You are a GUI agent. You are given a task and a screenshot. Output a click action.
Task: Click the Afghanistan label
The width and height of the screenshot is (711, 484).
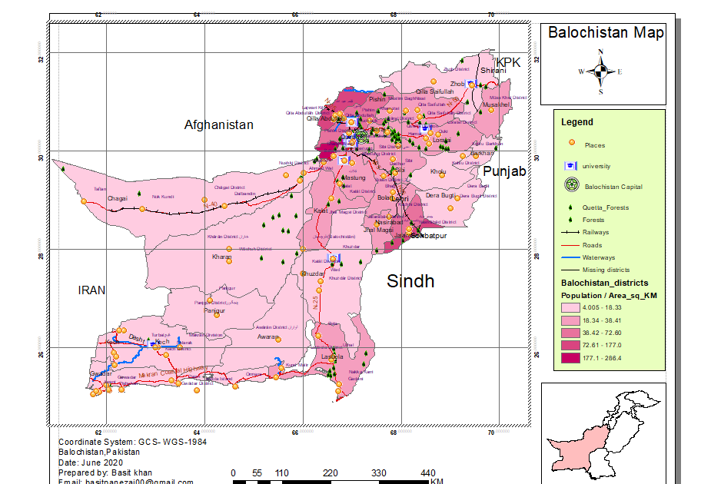tap(218, 124)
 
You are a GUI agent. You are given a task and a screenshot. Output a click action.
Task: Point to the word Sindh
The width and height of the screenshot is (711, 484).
tap(410, 281)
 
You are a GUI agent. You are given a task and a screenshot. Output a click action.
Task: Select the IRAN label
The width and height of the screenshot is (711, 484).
tap(91, 290)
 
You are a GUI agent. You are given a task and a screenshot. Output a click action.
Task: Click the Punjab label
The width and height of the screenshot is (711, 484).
tap(504, 171)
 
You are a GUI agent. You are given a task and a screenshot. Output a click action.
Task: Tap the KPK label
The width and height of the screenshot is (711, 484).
tap(508, 61)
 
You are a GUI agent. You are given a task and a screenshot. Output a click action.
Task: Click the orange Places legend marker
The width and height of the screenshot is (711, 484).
tap(570, 144)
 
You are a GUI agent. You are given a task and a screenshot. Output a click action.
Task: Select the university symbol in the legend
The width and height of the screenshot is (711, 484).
tap(570, 165)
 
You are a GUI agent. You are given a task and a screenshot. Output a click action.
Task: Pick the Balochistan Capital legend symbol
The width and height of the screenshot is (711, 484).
tap(570, 185)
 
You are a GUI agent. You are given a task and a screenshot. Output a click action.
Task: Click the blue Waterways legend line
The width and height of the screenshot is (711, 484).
tap(570, 257)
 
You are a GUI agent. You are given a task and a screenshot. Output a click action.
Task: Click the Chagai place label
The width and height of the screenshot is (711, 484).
tap(118, 198)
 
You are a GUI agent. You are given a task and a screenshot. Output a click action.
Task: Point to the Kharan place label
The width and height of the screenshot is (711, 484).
tap(221, 257)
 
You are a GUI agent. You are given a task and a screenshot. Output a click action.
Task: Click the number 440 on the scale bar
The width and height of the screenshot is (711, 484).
tap(428, 473)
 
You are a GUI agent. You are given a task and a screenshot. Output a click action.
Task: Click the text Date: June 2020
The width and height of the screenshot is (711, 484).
tap(91, 462)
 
